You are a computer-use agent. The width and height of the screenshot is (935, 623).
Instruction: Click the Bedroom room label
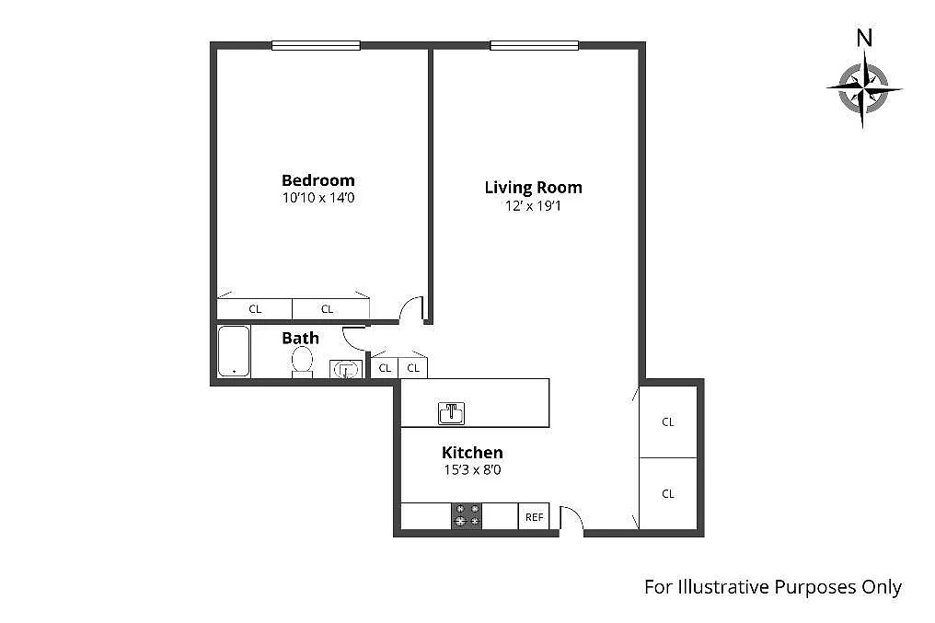click(x=317, y=180)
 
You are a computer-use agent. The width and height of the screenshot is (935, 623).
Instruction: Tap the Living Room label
click(x=533, y=188)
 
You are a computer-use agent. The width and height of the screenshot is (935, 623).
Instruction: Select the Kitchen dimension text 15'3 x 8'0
click(x=472, y=470)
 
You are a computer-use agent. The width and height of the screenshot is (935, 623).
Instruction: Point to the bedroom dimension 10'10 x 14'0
click(x=318, y=197)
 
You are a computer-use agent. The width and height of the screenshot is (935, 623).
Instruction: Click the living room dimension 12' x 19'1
click(x=533, y=206)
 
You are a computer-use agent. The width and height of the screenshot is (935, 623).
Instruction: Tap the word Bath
click(x=300, y=338)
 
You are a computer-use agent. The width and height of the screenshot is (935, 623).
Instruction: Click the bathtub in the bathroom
click(x=234, y=352)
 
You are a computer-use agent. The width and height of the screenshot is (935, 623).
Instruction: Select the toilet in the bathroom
click(x=302, y=362)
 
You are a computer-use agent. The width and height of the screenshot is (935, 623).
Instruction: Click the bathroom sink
click(x=346, y=369)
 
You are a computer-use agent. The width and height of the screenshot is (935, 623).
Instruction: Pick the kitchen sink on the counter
click(x=452, y=413)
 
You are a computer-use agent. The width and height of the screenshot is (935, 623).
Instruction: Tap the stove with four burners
click(x=467, y=515)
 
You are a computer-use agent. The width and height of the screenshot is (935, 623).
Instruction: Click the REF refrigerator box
click(x=534, y=517)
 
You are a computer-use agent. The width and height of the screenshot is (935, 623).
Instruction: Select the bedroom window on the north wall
click(x=316, y=45)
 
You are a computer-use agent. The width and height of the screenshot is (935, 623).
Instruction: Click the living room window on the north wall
click(x=535, y=45)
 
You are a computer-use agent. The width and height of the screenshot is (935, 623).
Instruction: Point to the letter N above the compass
click(x=864, y=38)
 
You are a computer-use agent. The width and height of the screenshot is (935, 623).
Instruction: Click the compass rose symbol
click(x=863, y=89)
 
